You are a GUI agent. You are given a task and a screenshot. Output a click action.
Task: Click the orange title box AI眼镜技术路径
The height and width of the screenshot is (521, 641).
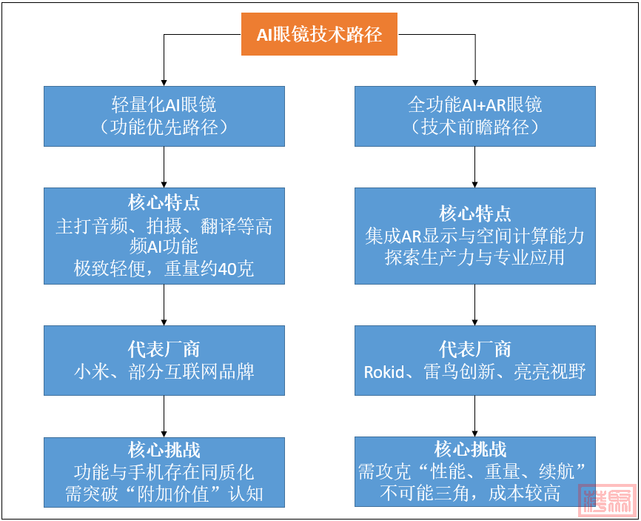pyautogui.click(x=319, y=34)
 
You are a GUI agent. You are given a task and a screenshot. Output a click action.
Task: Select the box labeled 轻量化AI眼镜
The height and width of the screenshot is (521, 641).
pyautogui.click(x=164, y=116)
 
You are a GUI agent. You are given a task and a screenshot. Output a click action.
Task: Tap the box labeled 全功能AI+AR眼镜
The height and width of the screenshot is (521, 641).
pyautogui.click(x=474, y=116)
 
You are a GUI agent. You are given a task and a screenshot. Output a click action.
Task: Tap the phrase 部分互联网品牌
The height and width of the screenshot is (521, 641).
pyautogui.click(x=185, y=371)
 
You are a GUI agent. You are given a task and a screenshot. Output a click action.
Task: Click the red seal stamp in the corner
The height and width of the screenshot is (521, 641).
pyautogui.click(x=606, y=501)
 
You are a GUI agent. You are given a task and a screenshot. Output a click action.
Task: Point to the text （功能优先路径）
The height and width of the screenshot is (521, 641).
pyautogui.click(x=164, y=127)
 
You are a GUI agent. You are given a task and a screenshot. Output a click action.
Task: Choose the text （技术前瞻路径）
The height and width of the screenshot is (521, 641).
pyautogui.click(x=474, y=127)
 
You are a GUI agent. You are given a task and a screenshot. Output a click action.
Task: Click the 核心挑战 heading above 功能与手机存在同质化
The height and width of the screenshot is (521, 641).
pyautogui.click(x=164, y=450)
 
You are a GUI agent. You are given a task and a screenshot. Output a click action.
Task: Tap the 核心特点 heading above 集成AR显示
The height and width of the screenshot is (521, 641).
pyautogui.click(x=474, y=213)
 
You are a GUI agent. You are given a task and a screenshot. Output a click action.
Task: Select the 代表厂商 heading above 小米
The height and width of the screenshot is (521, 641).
pyautogui.click(x=164, y=350)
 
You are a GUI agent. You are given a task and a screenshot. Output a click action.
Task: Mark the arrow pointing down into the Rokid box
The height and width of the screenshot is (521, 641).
pyautogui.click(x=474, y=304)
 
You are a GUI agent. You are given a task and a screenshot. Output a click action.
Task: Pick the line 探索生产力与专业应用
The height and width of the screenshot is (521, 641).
pyautogui.click(x=474, y=258)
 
